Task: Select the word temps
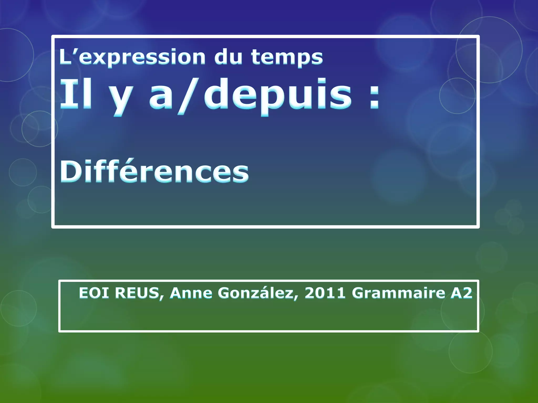[287, 57]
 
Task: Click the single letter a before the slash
[161, 98]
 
